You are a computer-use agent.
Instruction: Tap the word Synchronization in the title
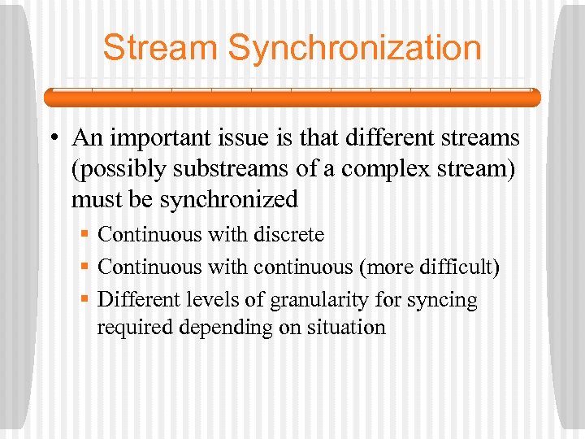355,48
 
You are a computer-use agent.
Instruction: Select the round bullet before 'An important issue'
51,140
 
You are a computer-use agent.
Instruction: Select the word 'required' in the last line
129,328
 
